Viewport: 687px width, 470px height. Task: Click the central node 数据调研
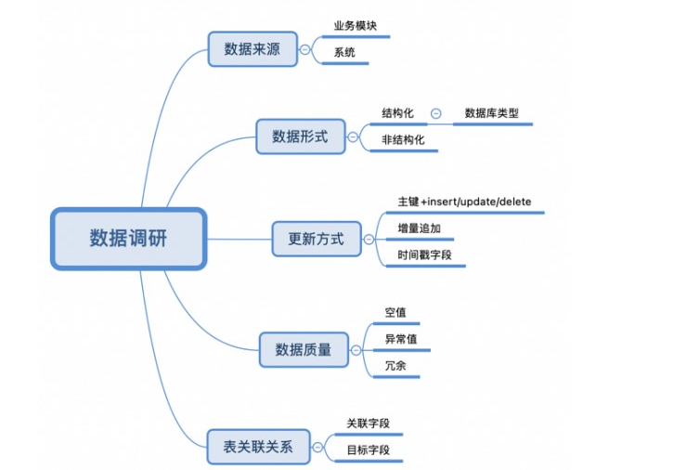[x=128, y=239]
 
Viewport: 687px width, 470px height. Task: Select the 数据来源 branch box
[x=252, y=49]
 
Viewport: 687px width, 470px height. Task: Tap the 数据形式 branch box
[x=299, y=137]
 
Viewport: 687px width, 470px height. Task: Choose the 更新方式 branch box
[x=316, y=239]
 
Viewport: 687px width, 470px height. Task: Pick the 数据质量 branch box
[x=304, y=349]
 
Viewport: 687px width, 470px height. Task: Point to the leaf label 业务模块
[x=356, y=26]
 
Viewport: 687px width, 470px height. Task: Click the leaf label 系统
[x=344, y=53]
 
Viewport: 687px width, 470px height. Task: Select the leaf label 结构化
[x=397, y=113]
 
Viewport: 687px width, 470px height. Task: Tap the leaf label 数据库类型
[x=491, y=113]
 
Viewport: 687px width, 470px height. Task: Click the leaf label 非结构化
[x=403, y=140]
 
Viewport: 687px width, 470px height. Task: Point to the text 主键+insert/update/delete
[x=463, y=202]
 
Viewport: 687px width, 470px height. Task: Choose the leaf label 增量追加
[x=412, y=228]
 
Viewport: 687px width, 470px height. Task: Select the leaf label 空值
[x=395, y=312]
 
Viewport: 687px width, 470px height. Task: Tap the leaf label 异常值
[x=401, y=339]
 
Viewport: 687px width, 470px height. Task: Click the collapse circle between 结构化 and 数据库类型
[x=435, y=114]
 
